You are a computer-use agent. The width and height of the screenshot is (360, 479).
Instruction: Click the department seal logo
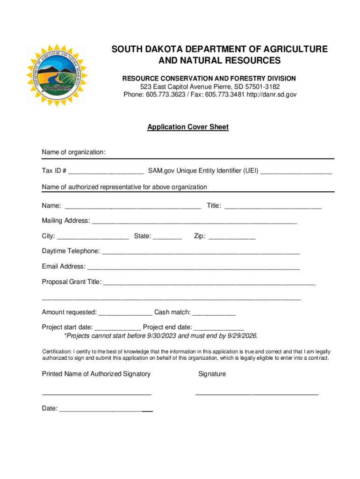pyautogui.click(x=56, y=75)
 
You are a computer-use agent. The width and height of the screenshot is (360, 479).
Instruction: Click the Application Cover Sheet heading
pyautogui.click(x=188, y=127)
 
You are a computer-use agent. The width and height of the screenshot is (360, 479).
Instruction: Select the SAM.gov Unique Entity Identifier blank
pyautogui.click(x=296, y=171)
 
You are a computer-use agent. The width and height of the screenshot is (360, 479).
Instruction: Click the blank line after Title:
pyautogui.click(x=273, y=206)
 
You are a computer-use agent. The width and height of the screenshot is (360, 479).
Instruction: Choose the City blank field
pyautogui.click(x=93, y=236)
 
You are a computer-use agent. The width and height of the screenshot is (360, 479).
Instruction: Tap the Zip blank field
pyautogui.click(x=232, y=236)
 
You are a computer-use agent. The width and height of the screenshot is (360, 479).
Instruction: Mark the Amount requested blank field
pyautogui.click(x=125, y=312)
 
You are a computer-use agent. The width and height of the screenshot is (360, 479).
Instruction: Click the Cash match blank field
pyautogui.click(x=214, y=312)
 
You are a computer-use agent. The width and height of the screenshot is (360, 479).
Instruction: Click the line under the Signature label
pyautogui.click(x=257, y=394)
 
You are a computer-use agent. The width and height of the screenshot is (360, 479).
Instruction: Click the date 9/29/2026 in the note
pyautogui.click(x=241, y=336)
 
